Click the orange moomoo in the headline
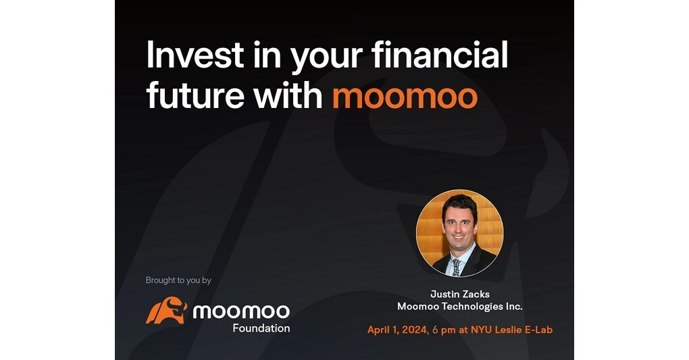(405, 97)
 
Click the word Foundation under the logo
(261, 328)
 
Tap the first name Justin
(445, 294)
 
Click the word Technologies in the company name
(472, 307)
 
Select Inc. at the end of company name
(513, 307)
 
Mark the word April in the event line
(379, 330)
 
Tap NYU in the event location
(475, 330)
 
